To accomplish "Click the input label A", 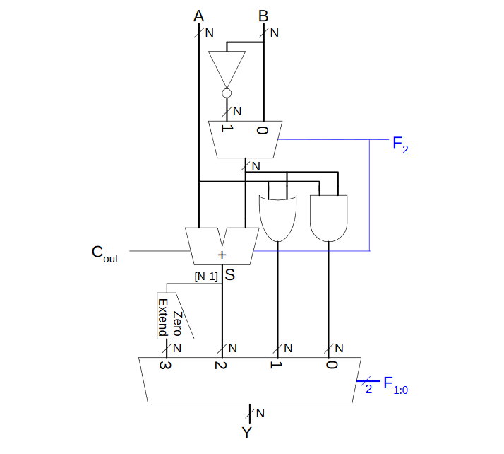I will coord(200,16).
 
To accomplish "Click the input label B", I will coord(263,16).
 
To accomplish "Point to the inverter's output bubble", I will coord(227,93).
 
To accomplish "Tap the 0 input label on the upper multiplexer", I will coord(263,130).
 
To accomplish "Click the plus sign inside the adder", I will coord(222,255).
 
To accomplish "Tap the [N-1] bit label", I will coord(206,277).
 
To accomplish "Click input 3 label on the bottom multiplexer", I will coord(164,366).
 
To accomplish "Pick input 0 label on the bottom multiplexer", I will coord(330,366).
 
